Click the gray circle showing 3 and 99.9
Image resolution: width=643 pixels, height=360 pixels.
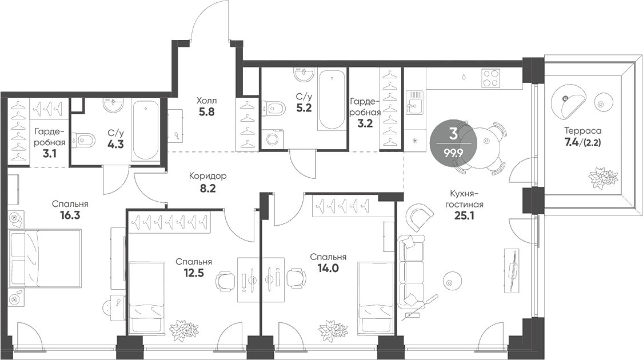[453, 143]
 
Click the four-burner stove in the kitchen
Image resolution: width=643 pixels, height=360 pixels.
[490, 78]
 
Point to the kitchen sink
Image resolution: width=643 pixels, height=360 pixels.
[414, 105]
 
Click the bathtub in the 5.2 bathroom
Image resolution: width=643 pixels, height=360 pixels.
[332, 99]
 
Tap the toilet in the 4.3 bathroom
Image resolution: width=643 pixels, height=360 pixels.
[86, 139]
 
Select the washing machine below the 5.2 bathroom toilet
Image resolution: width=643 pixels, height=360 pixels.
[274, 138]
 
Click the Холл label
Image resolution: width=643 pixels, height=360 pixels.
[206, 101]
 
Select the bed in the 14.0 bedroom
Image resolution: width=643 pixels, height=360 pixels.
[374, 297]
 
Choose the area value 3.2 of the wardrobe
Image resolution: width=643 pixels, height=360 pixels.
[365, 123]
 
